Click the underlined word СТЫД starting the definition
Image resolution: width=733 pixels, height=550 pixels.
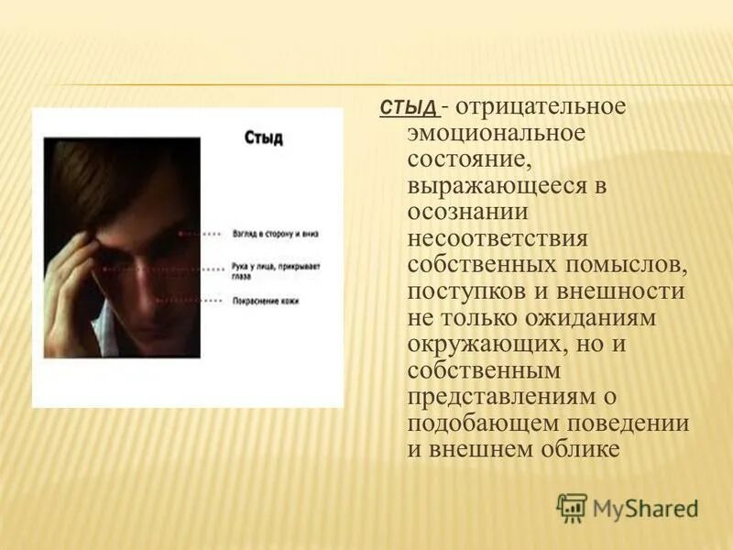click(x=409, y=108)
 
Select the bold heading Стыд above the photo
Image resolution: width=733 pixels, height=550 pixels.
click(x=264, y=138)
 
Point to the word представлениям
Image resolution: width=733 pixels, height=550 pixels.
click(x=499, y=397)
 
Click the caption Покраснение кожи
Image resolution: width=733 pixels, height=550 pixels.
click(x=266, y=300)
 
